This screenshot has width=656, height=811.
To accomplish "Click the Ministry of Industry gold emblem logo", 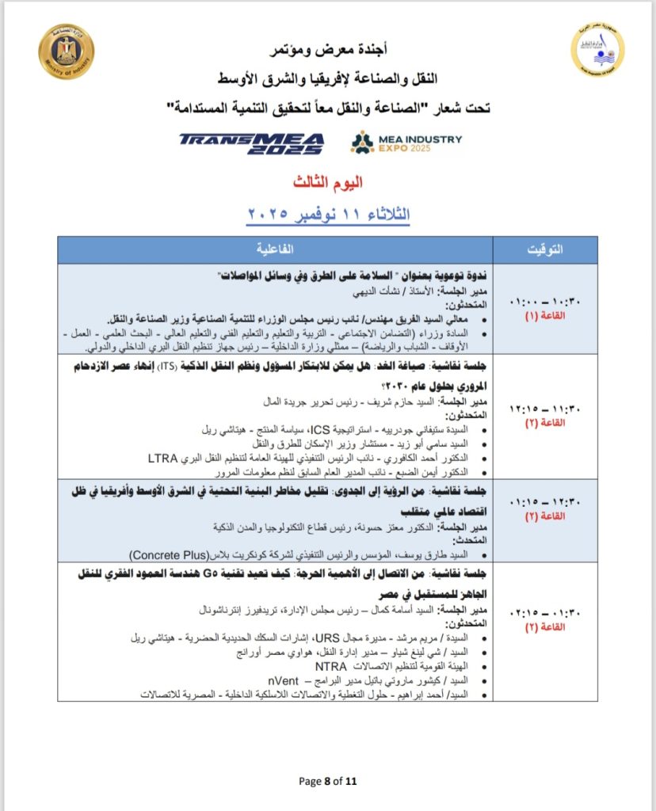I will (x=66, y=51).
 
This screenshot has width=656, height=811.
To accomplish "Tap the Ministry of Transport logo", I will (x=597, y=51).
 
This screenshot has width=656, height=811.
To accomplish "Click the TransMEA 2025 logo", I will (x=251, y=142).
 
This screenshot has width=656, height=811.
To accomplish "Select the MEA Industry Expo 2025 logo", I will (x=406, y=142).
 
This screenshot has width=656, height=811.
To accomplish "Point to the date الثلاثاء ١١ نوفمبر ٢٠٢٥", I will (x=328, y=214).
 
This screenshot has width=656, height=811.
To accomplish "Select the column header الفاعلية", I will (x=274, y=249).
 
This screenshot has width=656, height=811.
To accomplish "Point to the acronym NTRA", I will (x=331, y=666).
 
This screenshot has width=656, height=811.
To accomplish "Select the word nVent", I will (x=284, y=680).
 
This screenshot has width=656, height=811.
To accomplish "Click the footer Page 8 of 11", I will (x=328, y=781).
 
